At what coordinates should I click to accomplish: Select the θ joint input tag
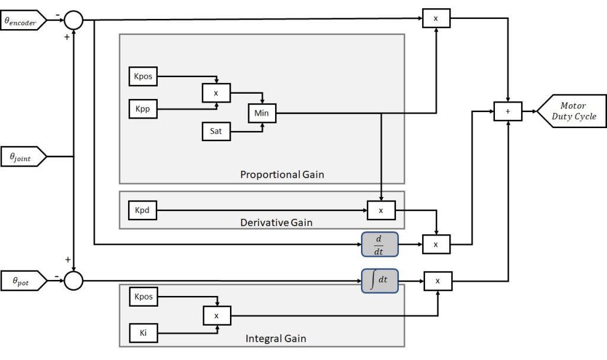pos(23,157)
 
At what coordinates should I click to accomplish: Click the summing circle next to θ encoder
pos(74,20)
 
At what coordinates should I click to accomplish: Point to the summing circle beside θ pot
pos(74,279)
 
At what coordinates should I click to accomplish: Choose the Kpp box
pos(143,110)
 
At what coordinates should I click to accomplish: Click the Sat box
pos(216,131)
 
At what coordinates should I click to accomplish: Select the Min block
pos(261,113)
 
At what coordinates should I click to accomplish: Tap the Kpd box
pos(143,210)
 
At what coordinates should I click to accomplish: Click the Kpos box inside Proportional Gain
pos(143,77)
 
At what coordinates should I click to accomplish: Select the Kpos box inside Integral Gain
pos(143,297)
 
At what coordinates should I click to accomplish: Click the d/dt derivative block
pos(379,244)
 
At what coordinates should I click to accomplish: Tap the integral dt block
pos(379,279)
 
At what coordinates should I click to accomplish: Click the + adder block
pos(508,111)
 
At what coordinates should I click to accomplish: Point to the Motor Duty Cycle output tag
pos(572,111)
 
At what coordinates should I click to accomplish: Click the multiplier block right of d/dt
pos(437,244)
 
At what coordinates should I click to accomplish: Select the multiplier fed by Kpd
pos(381,210)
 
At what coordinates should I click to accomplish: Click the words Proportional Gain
pos(282,175)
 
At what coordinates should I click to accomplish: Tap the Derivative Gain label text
pos(276,222)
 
